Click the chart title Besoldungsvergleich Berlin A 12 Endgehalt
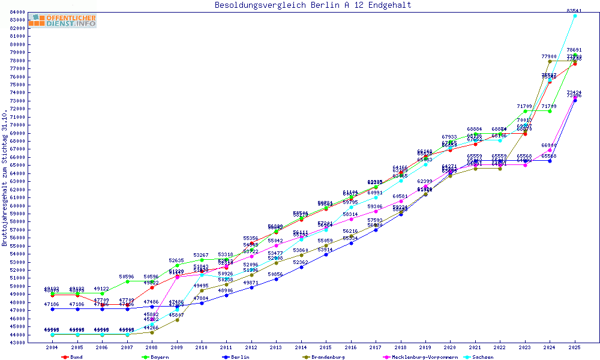click(x=313, y=5)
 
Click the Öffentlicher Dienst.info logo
click(x=62, y=21)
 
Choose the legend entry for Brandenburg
click(x=324, y=357)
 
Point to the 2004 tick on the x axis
click(x=53, y=347)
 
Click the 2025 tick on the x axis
click(x=575, y=347)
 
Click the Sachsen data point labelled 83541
click(x=575, y=16)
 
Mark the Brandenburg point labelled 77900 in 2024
click(x=550, y=61)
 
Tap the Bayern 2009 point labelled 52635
click(x=177, y=265)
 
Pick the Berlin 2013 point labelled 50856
click(x=276, y=279)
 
